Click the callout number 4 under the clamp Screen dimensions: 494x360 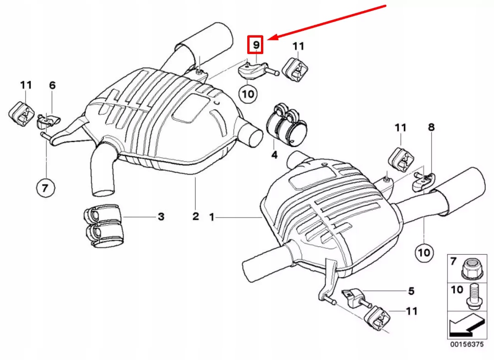[x=274, y=155]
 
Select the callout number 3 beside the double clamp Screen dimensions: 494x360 [x=161, y=216]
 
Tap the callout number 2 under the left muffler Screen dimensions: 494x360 [x=195, y=216]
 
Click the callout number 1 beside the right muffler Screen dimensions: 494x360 [x=212, y=217]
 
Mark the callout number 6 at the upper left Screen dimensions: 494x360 [x=52, y=85]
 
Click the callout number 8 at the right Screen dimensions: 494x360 [x=431, y=127]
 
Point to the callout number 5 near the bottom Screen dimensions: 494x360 [x=411, y=290]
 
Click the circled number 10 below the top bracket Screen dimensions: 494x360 [x=248, y=93]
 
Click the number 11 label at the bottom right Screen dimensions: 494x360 [x=412, y=311]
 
